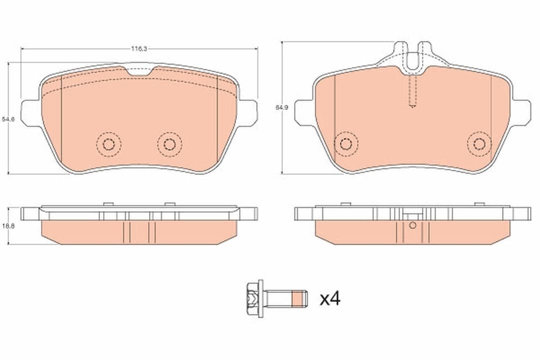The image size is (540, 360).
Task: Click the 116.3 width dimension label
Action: pos(138,49)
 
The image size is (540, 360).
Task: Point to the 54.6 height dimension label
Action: pos(8,119)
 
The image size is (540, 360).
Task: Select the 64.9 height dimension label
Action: pos(281,107)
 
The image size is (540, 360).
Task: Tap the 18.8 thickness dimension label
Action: pos(8,226)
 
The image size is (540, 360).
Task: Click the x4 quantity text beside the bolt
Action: pos(330,299)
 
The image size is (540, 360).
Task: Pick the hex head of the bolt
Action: pos(253,299)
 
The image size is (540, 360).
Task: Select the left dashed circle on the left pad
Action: pos(108,144)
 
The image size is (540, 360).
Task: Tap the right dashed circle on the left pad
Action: pos(169,144)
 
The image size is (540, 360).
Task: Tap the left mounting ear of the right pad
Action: pos(303,111)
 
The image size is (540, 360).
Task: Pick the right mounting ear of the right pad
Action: pos(521,111)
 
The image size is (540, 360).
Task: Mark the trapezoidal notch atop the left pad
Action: pos(138,71)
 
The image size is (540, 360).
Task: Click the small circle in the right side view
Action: pos(412,225)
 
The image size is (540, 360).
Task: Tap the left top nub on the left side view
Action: pos(106,204)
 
